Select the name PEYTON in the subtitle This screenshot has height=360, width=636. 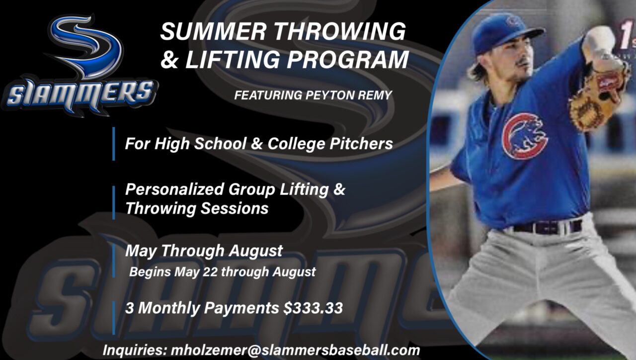click(325, 94)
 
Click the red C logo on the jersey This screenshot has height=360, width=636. click(524, 136)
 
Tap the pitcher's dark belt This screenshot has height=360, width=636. click(547, 227)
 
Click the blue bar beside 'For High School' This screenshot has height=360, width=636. click(114, 144)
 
